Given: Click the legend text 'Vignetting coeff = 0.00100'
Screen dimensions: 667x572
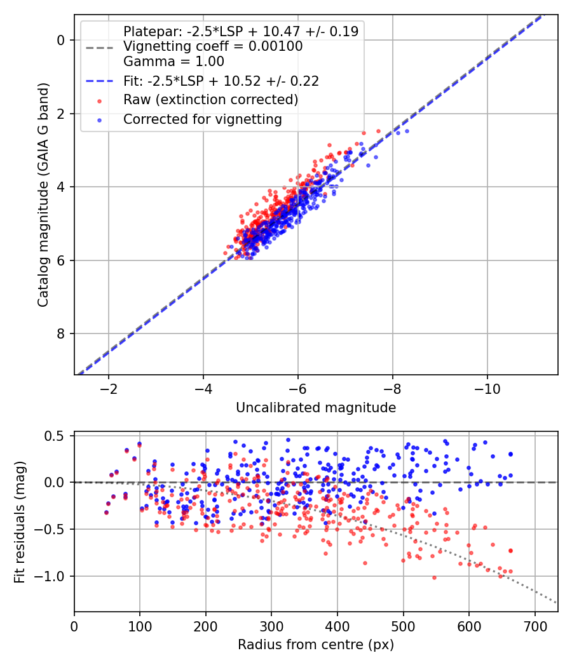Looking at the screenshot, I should click(x=213, y=46).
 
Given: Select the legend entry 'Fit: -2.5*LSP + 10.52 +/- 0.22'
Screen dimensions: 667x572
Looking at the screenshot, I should click(x=221, y=81).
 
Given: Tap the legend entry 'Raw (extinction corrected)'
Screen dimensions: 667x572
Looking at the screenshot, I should click(x=210, y=100).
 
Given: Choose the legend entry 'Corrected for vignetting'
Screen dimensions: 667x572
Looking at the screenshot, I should click(x=202, y=119).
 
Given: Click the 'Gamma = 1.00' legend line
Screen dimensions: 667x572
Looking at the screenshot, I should click(x=174, y=62).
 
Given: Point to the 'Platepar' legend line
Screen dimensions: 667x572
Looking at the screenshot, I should click(x=240, y=31).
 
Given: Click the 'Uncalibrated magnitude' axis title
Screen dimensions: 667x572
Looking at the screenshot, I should click(x=316, y=408).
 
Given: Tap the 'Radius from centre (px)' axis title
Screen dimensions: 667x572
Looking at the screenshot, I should click(x=316, y=645).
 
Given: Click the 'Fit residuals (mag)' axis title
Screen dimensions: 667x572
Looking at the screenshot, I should click(x=20, y=522).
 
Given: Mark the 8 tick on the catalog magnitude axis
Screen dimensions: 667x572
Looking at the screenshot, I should click(x=62, y=333).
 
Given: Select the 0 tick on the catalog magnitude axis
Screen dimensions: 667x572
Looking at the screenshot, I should click(x=62, y=40).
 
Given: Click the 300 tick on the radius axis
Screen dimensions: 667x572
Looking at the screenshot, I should click(x=271, y=626).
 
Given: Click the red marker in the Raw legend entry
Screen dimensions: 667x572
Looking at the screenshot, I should click(x=98, y=100).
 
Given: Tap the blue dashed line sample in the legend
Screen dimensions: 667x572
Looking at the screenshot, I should click(x=98, y=81).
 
